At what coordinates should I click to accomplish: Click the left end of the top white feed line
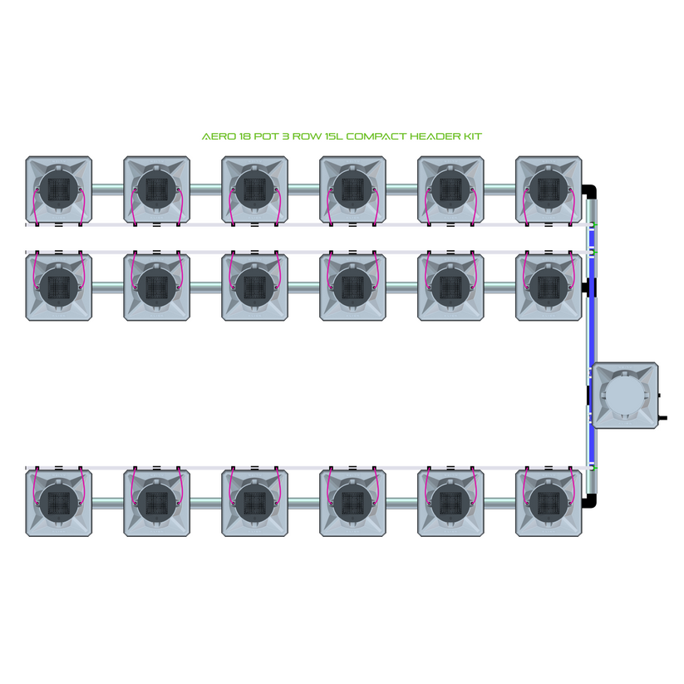(26, 224)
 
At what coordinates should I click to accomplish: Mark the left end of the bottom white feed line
(26, 468)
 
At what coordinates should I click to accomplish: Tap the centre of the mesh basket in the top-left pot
(59, 189)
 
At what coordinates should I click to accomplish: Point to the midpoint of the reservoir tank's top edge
(625, 362)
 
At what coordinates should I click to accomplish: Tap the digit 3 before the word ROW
(285, 136)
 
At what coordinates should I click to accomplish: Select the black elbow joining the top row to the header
(589, 191)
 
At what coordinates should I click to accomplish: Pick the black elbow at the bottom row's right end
(589, 500)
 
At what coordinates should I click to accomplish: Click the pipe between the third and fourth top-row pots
(303, 189)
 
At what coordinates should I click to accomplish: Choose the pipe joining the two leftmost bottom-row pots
(108, 503)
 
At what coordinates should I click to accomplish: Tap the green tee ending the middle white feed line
(593, 252)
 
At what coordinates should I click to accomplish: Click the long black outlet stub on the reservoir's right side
(662, 418)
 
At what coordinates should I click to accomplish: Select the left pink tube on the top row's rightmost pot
(525, 207)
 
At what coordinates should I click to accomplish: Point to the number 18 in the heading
(244, 136)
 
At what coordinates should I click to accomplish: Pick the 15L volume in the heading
(334, 136)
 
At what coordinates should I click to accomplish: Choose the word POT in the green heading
(266, 136)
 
